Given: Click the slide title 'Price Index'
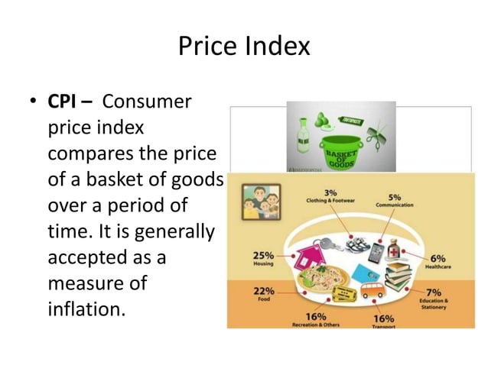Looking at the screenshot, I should tap(244, 47).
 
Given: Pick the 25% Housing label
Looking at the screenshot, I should tap(264, 258).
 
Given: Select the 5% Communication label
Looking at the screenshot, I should tap(398, 200).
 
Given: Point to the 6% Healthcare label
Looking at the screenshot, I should tap(437, 262).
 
